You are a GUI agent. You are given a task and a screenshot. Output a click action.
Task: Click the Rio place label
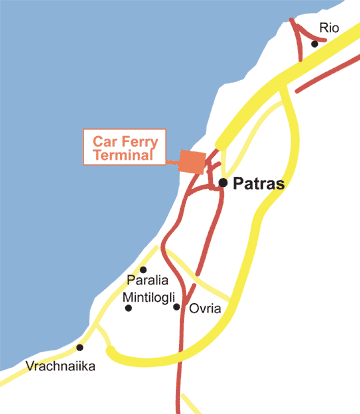pyautogui.click(x=329, y=28)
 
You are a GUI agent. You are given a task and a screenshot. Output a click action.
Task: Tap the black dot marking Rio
pyautogui.click(x=314, y=44)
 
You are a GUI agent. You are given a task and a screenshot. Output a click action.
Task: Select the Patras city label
pyautogui.click(x=259, y=185)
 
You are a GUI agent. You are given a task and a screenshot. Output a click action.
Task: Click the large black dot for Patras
pyautogui.click(x=222, y=183)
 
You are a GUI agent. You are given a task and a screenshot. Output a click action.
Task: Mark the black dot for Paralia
pyautogui.click(x=143, y=269)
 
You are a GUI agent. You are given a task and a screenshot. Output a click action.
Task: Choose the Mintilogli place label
pyautogui.click(x=150, y=297)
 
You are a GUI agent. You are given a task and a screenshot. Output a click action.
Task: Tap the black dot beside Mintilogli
pyautogui.click(x=128, y=308)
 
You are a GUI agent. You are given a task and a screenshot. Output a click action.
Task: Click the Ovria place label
pyautogui.click(x=205, y=309)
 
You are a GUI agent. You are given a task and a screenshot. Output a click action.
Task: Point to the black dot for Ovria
pyautogui.click(x=176, y=307)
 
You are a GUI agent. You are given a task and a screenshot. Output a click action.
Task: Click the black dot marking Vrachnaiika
pyautogui.click(x=80, y=348)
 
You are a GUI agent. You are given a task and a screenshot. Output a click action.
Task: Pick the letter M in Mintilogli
pyautogui.click(x=126, y=297)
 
